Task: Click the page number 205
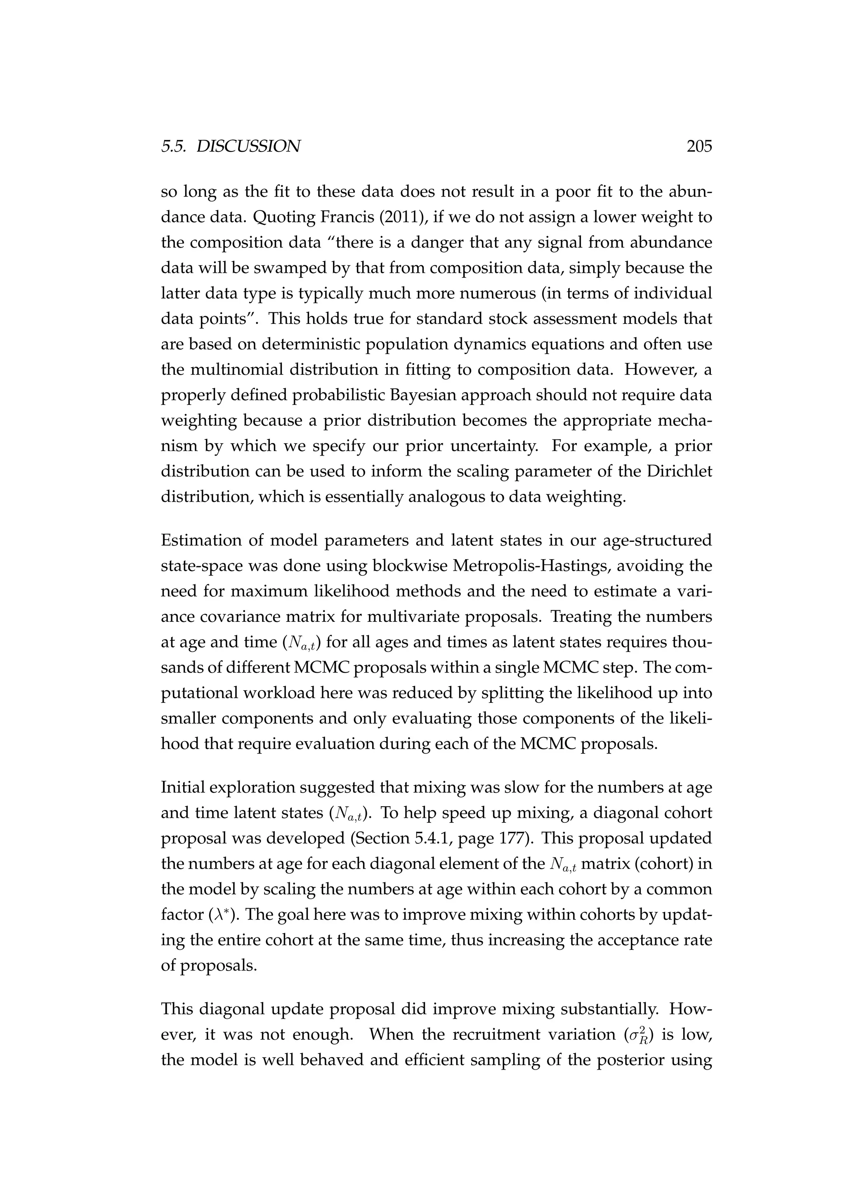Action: tap(699, 147)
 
